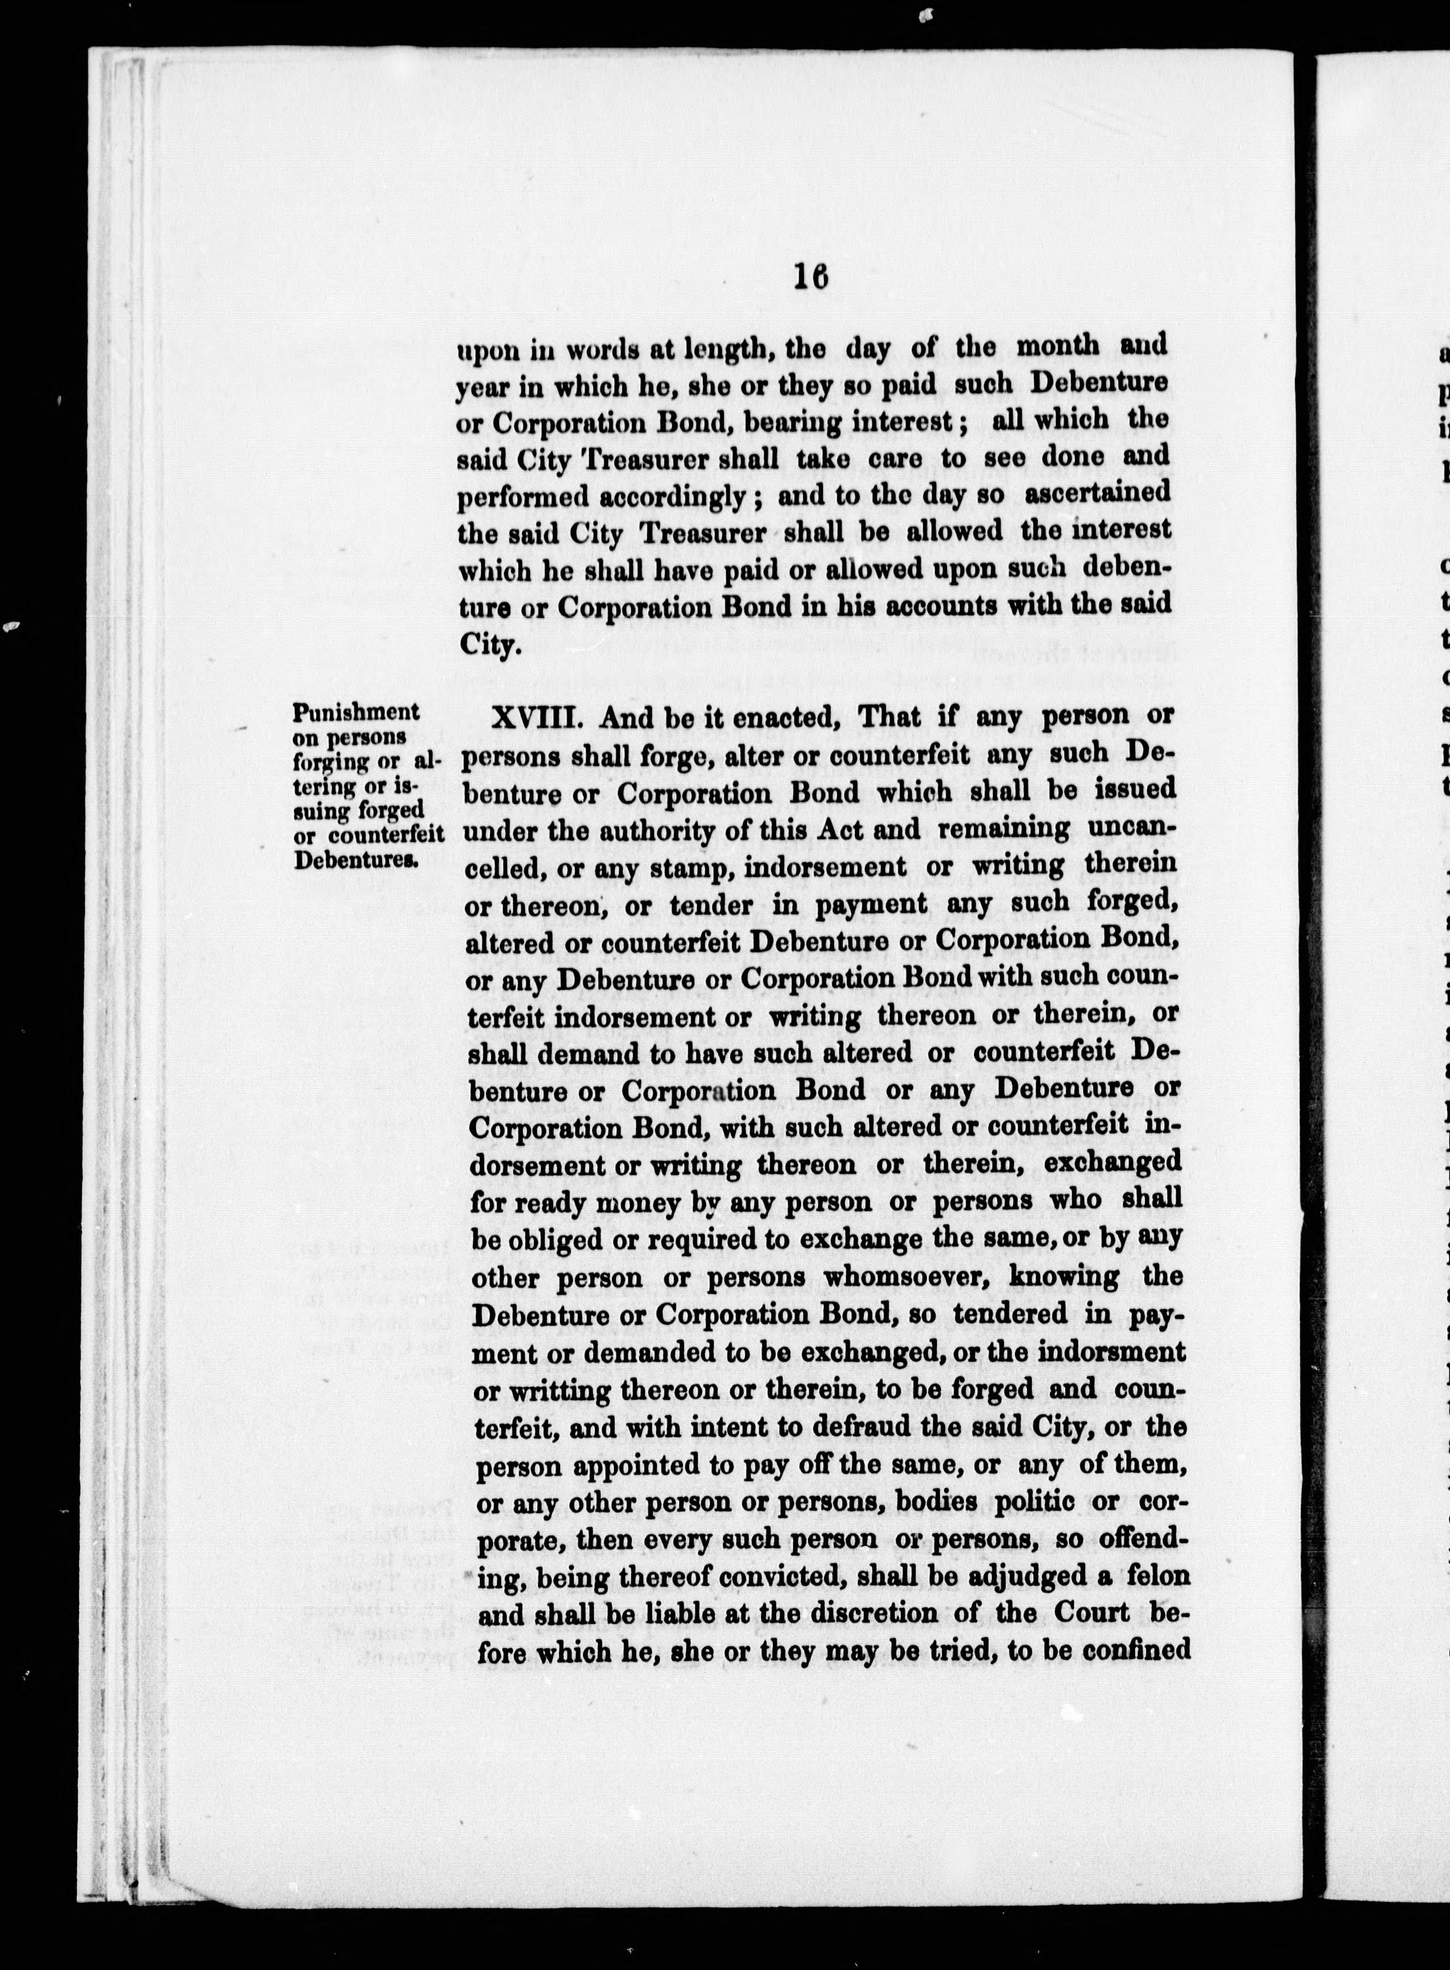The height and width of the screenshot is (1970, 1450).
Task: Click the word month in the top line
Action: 1058,346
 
